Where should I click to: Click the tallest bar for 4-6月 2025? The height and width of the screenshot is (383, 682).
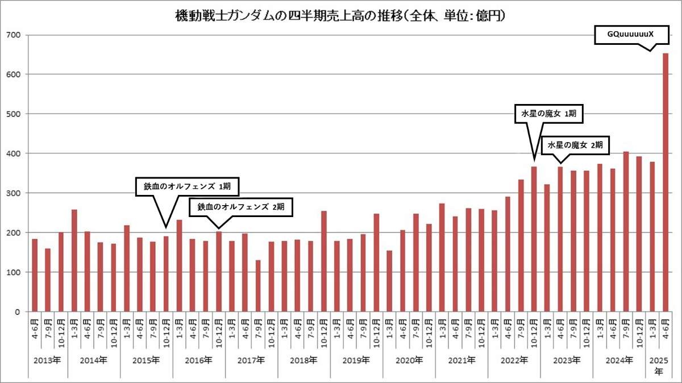coord(665,182)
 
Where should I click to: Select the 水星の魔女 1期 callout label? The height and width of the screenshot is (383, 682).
coord(549,114)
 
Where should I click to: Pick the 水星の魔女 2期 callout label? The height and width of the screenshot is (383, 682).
coord(575,145)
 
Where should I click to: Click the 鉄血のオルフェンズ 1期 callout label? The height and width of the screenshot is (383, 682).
coord(187,186)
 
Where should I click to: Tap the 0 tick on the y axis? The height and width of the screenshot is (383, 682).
coord(18,312)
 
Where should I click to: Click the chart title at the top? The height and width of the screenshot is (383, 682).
coord(340,16)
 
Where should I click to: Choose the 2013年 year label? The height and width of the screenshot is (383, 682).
coord(48,360)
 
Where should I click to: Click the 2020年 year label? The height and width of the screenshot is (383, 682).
coord(409,360)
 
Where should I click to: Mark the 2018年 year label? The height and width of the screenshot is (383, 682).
coord(303,360)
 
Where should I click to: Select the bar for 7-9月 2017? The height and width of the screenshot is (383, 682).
coord(258,286)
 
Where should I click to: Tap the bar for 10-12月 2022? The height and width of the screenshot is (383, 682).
coord(534,239)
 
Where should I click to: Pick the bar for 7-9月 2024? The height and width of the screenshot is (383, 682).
coord(626,232)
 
